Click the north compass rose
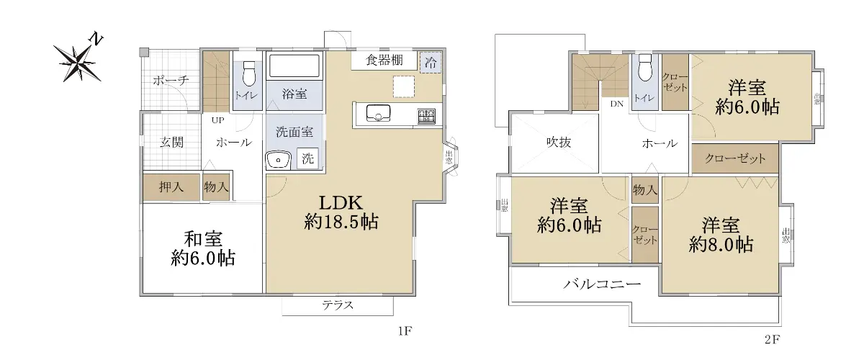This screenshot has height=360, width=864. [78, 62]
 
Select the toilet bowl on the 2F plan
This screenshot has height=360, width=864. [644, 68]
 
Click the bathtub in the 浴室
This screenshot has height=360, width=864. [294, 66]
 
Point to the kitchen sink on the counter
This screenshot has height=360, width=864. [379, 112]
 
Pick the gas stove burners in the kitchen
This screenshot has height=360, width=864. [426, 117]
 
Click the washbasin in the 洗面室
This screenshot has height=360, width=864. [278, 160]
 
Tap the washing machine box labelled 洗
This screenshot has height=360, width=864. [308, 158]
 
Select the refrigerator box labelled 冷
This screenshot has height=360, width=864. [431, 63]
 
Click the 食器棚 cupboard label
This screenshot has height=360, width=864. [384, 60]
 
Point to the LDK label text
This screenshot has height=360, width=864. [341, 203]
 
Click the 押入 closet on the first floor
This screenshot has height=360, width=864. [171, 187]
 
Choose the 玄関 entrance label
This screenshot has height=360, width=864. [171, 142]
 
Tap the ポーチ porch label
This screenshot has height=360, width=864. [171, 80]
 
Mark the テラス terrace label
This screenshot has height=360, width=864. [338, 305]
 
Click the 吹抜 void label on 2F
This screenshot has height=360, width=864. [559, 143]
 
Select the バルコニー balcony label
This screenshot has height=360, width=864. [602, 284]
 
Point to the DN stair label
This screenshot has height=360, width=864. [617, 104]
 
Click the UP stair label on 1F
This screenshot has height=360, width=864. [218, 120]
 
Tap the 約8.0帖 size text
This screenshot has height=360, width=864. [721, 245]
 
